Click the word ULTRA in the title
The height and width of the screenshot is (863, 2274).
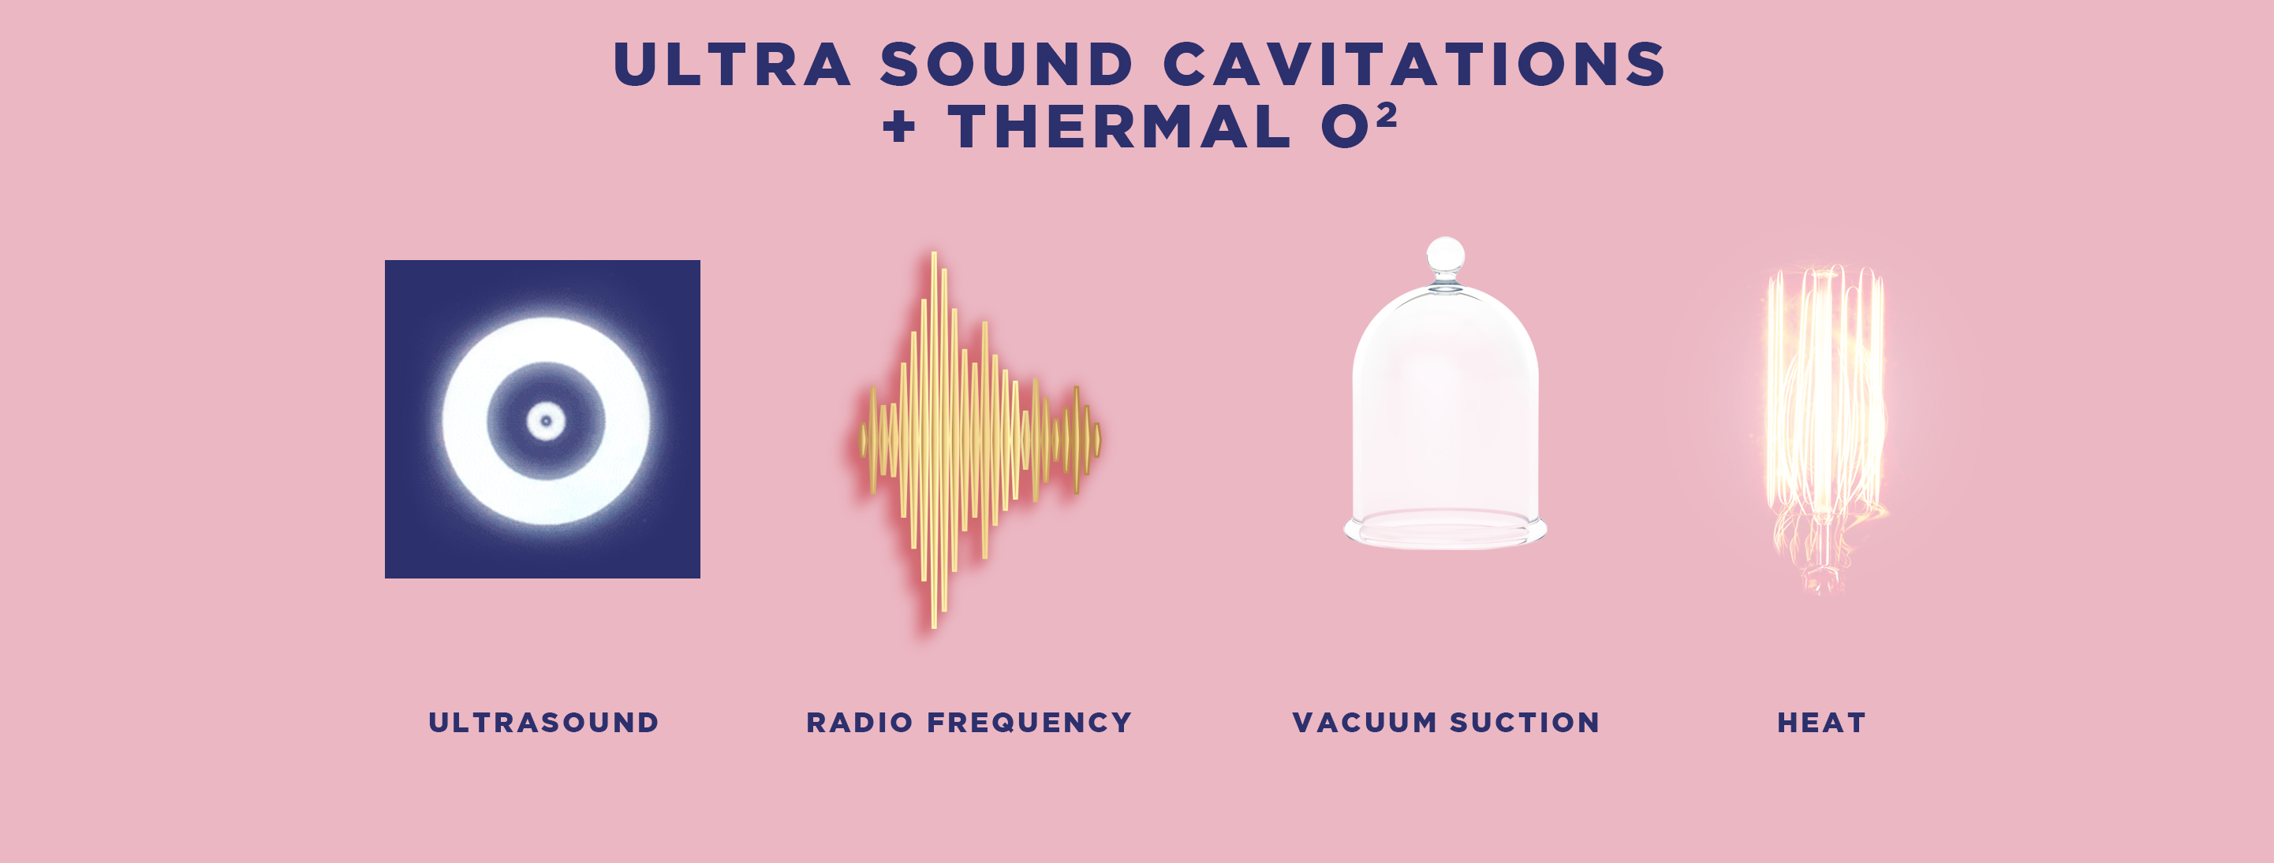click(732, 65)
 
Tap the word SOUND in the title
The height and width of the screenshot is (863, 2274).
click(1006, 65)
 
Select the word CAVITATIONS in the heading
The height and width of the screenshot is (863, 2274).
click(1414, 65)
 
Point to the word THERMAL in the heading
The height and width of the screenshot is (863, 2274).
click(1119, 126)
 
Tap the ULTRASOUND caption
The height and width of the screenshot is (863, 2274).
click(543, 723)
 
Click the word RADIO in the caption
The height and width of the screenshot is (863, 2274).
click(859, 723)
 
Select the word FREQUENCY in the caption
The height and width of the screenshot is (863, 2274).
click(1029, 723)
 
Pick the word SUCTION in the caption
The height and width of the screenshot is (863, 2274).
click(1525, 723)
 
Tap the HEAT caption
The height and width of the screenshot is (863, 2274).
click(1821, 723)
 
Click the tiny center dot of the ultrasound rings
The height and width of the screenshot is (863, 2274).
click(546, 421)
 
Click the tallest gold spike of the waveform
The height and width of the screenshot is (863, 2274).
click(934, 440)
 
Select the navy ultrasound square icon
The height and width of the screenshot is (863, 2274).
click(542, 419)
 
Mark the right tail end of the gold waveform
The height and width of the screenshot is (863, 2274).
click(1098, 440)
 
